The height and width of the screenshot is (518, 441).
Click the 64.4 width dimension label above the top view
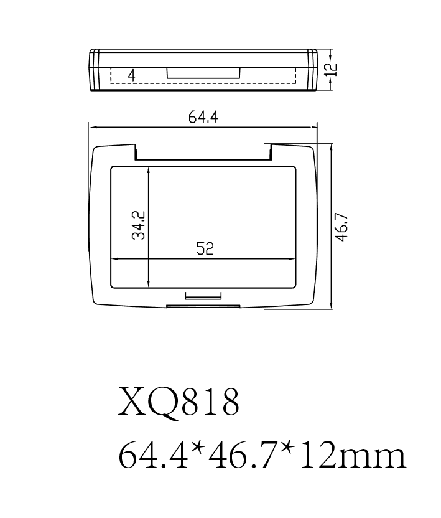(x=203, y=117)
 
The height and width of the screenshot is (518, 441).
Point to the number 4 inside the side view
(x=131, y=75)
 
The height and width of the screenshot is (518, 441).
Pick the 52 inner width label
(x=205, y=249)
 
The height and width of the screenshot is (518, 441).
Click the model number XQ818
(x=179, y=403)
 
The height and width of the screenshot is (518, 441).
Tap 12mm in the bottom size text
(x=354, y=456)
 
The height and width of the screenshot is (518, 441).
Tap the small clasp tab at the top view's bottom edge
(x=203, y=296)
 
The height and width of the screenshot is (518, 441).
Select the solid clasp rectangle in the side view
(x=203, y=73)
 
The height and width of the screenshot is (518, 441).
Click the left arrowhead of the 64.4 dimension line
(x=91, y=126)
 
